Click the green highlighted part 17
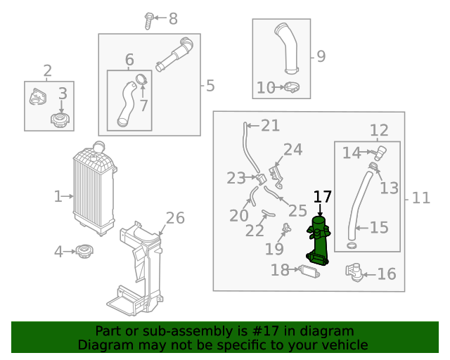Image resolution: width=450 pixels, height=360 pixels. pos(319,241)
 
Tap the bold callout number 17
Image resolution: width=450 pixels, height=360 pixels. pos(322,197)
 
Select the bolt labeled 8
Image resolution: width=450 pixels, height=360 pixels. pos(148,20)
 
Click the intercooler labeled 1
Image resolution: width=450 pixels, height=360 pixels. pos(94,188)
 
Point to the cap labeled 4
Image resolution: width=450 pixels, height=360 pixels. pos(84,251)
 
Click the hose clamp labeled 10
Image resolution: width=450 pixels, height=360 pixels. pos(292,87)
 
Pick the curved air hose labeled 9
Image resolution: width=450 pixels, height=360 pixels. pos(288,49)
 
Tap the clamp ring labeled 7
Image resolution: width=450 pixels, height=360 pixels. pos(141,79)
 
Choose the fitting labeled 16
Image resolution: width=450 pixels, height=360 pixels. pos(354,272)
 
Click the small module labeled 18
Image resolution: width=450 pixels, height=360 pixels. pos(309,271)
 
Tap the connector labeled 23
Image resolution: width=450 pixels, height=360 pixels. pos(261,179)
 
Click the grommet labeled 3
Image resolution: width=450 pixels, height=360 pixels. pos(60,120)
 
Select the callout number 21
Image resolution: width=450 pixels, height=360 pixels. pos(270,126)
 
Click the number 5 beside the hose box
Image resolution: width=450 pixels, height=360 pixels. pos(210,86)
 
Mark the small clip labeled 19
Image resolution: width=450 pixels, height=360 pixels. pos(286,229)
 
